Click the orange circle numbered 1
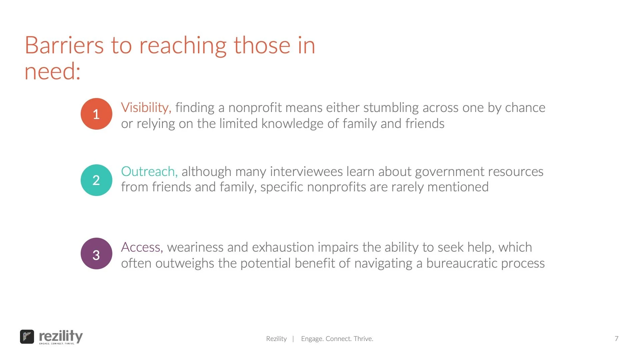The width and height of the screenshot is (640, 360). [96, 114]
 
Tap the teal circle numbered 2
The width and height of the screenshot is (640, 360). [96, 180]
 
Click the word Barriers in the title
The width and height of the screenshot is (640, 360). [64, 45]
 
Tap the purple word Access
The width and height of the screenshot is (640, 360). [142, 247]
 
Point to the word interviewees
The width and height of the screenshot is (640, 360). [306, 171]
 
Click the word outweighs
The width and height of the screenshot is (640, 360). [185, 263]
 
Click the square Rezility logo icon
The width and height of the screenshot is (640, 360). [27, 337]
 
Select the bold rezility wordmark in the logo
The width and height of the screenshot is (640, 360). [61, 336]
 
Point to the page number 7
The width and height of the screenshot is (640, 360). [616, 339]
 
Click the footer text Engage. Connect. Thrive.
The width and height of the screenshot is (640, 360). [337, 339]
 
